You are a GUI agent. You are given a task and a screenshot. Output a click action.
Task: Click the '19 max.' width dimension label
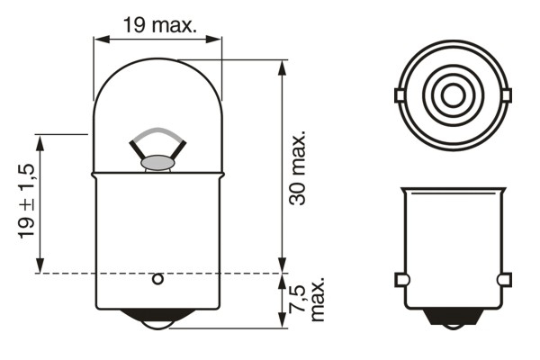click(x=158, y=25)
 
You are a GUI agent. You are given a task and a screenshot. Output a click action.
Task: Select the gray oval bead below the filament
click(x=157, y=163)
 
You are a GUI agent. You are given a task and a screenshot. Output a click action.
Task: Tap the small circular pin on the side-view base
click(x=157, y=279)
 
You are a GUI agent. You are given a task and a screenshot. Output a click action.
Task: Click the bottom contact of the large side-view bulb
click(x=157, y=320)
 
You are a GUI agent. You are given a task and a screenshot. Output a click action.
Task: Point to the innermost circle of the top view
click(x=451, y=94)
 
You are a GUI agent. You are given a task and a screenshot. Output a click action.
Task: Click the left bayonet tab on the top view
click(x=399, y=94)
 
